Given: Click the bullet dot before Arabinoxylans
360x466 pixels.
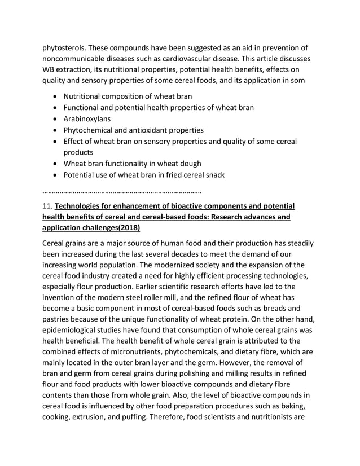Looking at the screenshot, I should (x=54, y=119).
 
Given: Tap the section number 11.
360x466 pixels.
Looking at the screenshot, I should (x=47, y=206).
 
